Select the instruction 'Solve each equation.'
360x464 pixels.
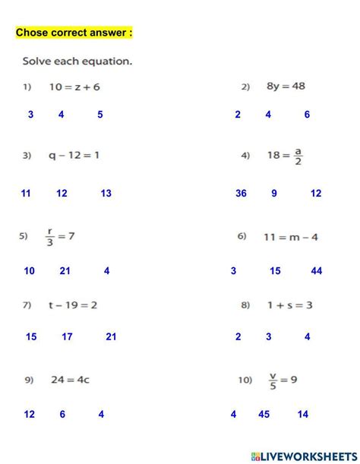coord(77,61)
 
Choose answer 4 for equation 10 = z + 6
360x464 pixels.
coord(62,115)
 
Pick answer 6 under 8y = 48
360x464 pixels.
coord(307,115)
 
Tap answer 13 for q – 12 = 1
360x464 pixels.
coord(106,194)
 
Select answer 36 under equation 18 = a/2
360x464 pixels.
coord(241,194)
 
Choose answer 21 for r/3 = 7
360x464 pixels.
coord(65,271)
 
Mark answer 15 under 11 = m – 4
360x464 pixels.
coord(275,271)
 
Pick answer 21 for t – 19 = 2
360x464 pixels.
coord(111,336)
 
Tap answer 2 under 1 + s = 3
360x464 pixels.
coord(238,336)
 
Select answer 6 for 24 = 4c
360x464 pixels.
coord(62,415)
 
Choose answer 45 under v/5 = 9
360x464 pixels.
coord(264,415)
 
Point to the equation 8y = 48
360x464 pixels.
coord(286,87)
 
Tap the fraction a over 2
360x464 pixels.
coord(298,156)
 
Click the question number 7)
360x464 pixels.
coord(26,305)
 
